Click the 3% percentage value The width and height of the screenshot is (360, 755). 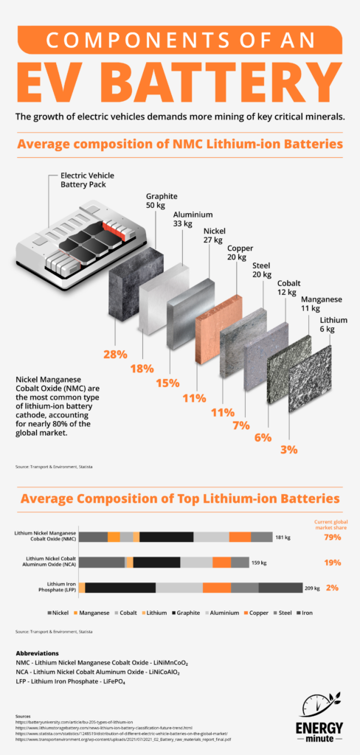coord(289,448)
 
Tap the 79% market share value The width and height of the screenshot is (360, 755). coord(333,537)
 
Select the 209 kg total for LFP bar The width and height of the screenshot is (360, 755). coord(313,588)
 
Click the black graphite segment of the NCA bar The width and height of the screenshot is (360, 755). coord(157,563)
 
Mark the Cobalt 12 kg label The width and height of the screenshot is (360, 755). coord(288,288)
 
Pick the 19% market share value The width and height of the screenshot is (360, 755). coord(333,563)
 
